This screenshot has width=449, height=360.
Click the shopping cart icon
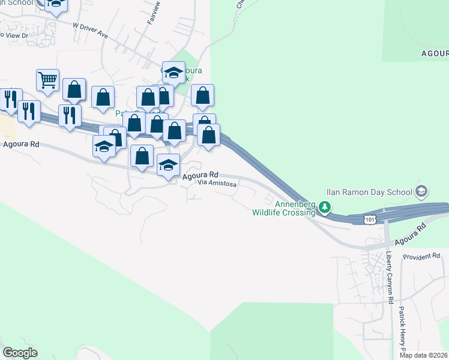point(47,79)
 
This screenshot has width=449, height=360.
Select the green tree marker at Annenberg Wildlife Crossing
point(325,208)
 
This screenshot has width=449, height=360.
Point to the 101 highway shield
point(370,220)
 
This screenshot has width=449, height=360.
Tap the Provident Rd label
point(421,256)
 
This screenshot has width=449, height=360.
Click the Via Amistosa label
point(217,185)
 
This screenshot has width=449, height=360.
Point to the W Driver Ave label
point(90,31)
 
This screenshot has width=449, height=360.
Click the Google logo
point(20,353)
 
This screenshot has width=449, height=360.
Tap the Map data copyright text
point(424,355)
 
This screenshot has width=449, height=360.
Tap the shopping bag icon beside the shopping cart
point(74,90)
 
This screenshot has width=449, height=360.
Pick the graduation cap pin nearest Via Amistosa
point(169,164)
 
